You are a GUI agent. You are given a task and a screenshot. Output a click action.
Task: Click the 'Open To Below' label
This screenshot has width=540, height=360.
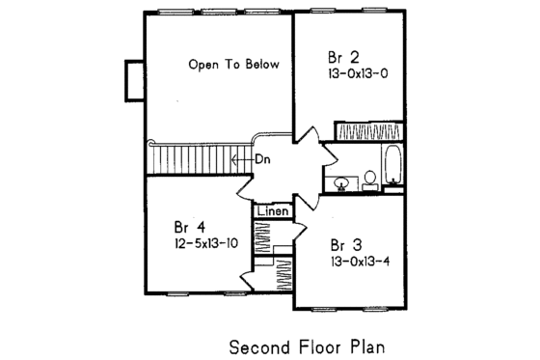pyautogui.click(x=233, y=66)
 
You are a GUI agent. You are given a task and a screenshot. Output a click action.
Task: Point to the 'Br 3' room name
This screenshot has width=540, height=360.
pyautogui.click(x=340, y=244)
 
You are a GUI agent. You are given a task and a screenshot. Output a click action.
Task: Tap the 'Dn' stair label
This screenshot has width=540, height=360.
pyautogui.click(x=261, y=160)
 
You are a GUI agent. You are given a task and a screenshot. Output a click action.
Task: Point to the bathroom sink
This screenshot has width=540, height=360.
pyautogui.click(x=341, y=182)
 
